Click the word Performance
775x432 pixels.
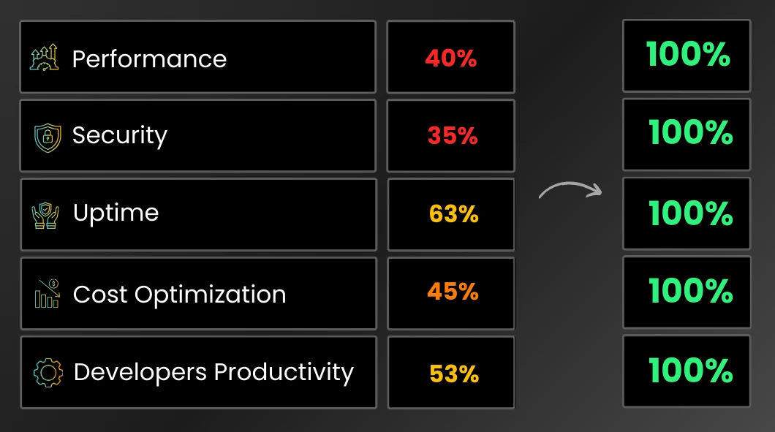149,58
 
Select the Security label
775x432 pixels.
120,136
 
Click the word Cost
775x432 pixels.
100,294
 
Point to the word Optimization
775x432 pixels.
210,295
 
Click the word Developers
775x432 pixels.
140,373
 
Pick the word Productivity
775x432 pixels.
284,373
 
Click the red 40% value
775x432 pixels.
451,58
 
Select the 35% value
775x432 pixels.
453,135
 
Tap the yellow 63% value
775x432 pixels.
454,214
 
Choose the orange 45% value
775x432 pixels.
453,292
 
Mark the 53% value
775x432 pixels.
454,374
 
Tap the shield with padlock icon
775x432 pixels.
48,137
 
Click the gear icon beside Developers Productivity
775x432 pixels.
48,372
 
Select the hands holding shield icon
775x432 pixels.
45,216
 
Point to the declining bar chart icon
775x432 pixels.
47,293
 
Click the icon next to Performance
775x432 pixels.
44,57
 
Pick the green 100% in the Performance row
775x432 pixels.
687,54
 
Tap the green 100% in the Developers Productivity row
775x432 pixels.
690,370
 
